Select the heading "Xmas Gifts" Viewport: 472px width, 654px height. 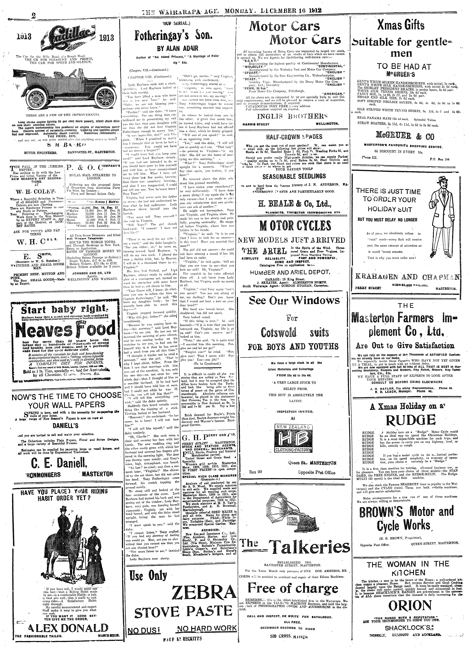click(401, 26)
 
